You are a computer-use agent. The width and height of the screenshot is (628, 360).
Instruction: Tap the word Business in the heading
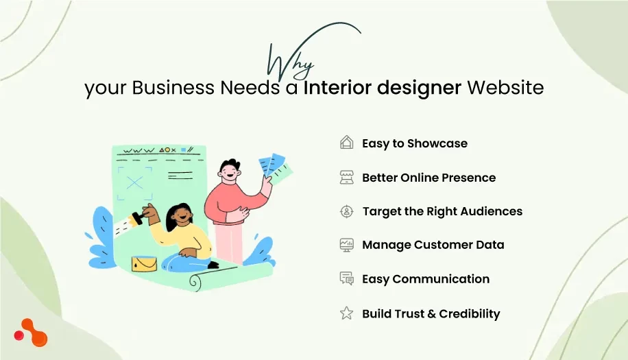[173, 88]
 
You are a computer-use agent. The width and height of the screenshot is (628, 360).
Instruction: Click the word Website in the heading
[505, 88]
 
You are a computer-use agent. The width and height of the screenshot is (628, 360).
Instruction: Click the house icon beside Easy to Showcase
[346, 143]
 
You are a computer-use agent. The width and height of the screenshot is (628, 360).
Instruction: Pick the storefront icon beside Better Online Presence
[346, 177]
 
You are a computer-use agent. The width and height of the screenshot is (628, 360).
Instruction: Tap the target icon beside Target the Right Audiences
[346, 211]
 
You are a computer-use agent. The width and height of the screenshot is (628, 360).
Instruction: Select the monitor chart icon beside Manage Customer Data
[346, 245]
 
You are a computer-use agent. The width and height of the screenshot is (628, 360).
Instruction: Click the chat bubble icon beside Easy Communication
[346, 278]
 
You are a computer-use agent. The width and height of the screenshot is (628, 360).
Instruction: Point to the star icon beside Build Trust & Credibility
[346, 313]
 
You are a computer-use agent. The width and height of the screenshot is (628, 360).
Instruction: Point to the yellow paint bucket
[144, 263]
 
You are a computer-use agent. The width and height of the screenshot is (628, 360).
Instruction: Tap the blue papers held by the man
[275, 167]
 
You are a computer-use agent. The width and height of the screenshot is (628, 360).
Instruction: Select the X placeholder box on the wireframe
[135, 183]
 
